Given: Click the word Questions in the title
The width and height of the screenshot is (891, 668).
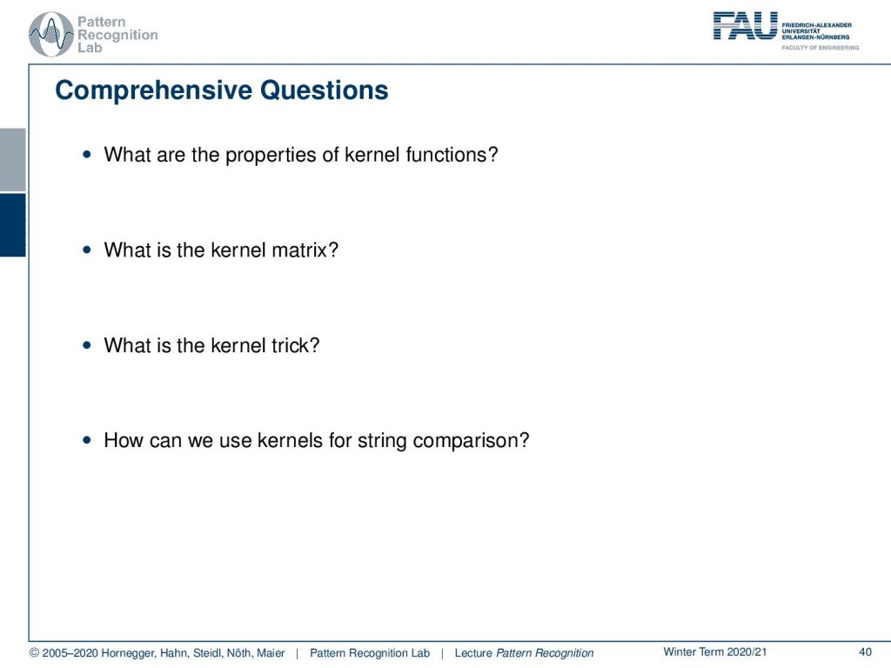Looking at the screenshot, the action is (324, 90).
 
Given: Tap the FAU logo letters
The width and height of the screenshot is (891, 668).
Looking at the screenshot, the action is (745, 25).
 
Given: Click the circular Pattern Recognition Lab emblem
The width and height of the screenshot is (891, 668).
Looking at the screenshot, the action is (51, 34).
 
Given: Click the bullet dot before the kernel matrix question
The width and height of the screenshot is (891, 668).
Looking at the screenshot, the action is (87, 250).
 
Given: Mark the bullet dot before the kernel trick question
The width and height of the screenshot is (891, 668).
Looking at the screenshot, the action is (87, 344).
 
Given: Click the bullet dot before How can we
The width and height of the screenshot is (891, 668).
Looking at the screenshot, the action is (87, 439).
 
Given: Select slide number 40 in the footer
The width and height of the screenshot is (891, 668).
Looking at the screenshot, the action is (865, 652).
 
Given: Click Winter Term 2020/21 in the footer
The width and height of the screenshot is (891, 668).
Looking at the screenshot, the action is (715, 652).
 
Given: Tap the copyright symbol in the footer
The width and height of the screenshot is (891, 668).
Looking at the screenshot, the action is (34, 652).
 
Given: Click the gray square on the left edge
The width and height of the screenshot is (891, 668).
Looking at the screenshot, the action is (12, 160).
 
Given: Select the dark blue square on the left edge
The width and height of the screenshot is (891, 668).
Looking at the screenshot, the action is (12, 225).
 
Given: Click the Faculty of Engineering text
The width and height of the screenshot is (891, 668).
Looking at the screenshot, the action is (820, 48).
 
